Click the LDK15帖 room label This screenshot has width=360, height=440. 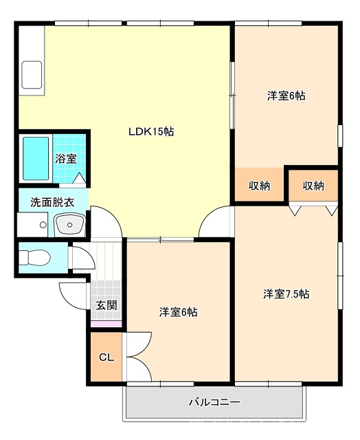pos(151,131)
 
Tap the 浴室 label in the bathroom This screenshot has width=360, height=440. pos(66,159)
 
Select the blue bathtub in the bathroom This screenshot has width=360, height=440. pos(36,159)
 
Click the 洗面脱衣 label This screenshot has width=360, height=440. pos(52,202)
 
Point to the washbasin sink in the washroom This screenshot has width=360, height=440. pos(70,224)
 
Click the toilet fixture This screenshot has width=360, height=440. pos(34,257)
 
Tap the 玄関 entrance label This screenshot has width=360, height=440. pos(106,305)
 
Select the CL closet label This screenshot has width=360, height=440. pos(106,357)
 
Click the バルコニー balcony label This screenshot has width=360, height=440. pos(214,402)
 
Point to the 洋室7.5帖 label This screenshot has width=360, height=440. pos(286,294)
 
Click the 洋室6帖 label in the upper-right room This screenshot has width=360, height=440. pos(286,96)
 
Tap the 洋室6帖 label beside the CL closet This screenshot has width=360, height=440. pos(179,311)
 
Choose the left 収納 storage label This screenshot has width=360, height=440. pos(259,186)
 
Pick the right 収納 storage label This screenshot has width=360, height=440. pos(313,186)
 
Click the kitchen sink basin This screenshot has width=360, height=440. pos(32,75)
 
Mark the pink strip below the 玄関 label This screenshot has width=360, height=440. pos(106,324)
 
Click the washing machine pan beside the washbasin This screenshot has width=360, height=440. pos(32,225)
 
